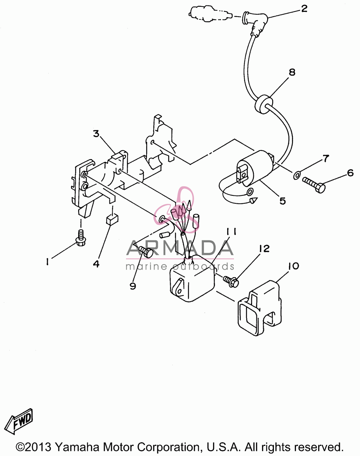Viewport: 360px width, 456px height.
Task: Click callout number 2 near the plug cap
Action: (304, 9)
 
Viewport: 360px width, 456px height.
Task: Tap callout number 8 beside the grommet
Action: (292, 72)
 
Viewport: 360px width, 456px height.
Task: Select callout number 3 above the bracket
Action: (96, 134)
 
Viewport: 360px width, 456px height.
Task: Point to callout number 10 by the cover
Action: (293, 266)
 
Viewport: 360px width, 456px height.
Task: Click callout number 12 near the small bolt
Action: (264, 248)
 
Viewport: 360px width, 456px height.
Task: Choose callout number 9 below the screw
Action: (133, 286)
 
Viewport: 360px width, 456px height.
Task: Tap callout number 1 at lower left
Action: (48, 262)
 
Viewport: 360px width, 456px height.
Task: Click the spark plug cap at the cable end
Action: (256, 23)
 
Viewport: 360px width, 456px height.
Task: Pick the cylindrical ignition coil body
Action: (255, 168)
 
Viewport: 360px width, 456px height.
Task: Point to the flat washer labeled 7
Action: (296, 175)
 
